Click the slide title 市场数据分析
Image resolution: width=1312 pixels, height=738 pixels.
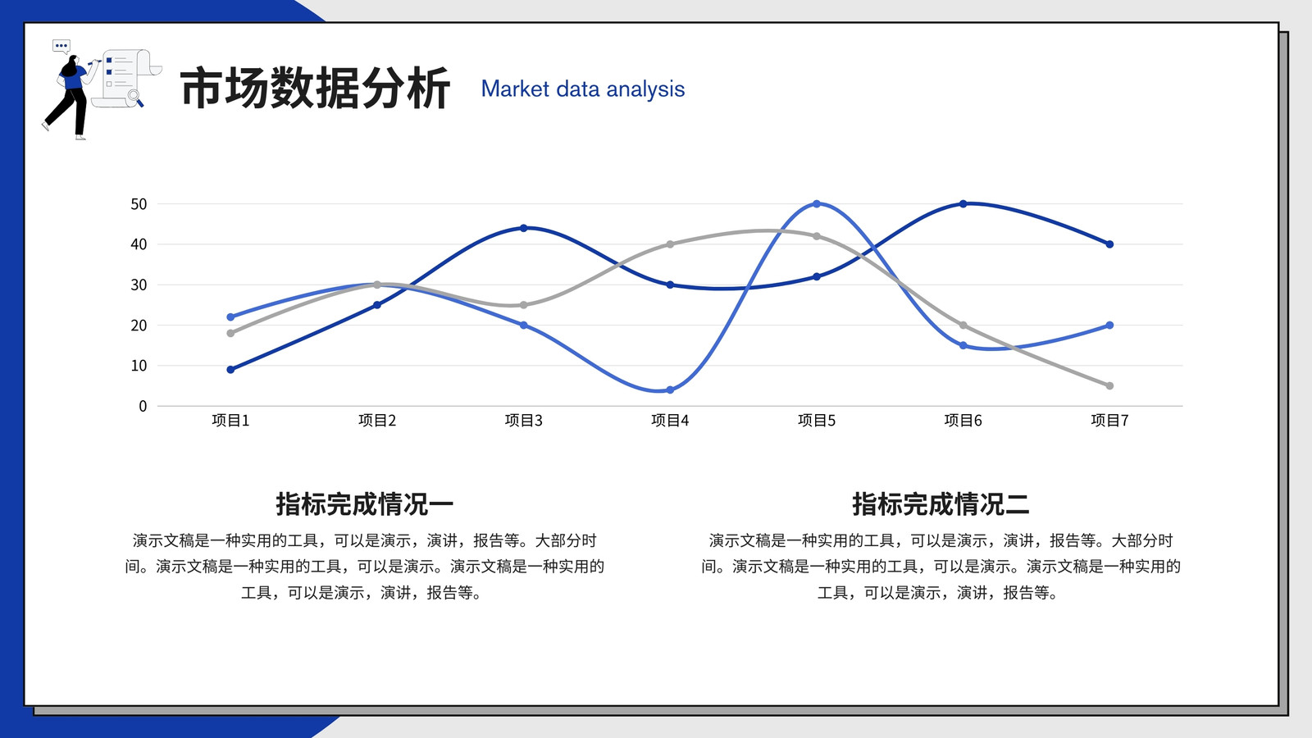(x=315, y=89)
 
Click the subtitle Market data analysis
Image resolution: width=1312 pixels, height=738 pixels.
(x=583, y=89)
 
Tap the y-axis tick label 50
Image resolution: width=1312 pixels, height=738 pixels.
(x=139, y=204)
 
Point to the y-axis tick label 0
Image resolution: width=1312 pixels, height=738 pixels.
(x=143, y=406)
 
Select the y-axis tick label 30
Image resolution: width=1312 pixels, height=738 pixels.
(x=139, y=285)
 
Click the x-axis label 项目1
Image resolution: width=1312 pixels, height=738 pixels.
(x=230, y=420)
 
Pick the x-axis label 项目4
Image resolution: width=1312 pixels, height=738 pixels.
(x=670, y=420)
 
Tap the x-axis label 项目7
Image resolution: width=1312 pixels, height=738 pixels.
(x=1109, y=420)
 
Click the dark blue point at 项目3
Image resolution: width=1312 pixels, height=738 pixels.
(x=524, y=228)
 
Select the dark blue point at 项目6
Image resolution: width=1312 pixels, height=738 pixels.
(x=963, y=204)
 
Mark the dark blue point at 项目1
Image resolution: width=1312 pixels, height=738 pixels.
(x=230, y=370)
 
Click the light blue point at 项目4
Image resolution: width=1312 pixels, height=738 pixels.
(x=670, y=390)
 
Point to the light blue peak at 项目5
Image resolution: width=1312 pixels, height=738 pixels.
(x=817, y=204)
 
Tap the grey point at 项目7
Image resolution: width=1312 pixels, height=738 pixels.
(x=1109, y=386)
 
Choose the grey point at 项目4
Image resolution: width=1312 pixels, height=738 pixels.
(x=670, y=244)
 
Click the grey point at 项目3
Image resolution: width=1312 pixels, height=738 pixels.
(x=524, y=305)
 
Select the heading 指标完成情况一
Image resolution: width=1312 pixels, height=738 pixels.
(x=364, y=504)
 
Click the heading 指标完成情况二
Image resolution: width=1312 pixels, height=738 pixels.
(x=941, y=504)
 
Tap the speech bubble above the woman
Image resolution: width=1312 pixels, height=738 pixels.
(x=61, y=46)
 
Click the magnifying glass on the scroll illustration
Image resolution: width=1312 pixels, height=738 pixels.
(x=135, y=98)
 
